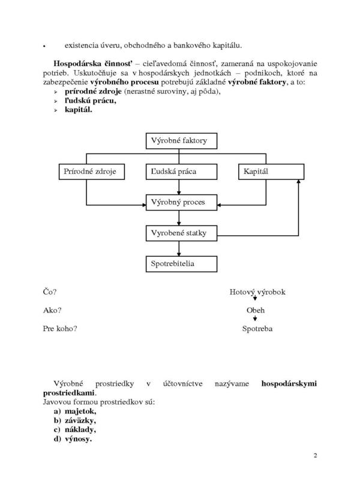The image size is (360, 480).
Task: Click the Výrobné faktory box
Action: pyautogui.click(x=181, y=141)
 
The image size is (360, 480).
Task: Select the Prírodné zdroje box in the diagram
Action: pyautogui.click(x=92, y=172)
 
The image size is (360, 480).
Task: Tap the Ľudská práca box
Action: pyautogui.click(x=181, y=172)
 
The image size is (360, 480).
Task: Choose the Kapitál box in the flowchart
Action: pyautogui.click(x=271, y=172)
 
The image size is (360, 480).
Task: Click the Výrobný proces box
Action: pyautogui.click(x=181, y=202)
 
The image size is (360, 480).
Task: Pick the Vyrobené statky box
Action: pyautogui.click(x=181, y=233)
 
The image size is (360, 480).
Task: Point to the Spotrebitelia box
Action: pyautogui.click(x=181, y=264)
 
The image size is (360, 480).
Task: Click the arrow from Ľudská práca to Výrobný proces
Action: pyautogui.click(x=179, y=187)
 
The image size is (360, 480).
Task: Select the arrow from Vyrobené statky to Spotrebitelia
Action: pyautogui.click(x=179, y=248)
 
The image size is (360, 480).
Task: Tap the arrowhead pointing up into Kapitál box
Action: pyautogui.click(x=298, y=182)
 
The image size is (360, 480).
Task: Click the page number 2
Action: pyautogui.click(x=316, y=455)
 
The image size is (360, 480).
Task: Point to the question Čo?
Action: pyautogui.click(x=50, y=292)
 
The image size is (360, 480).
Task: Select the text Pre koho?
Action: pyautogui.click(x=60, y=328)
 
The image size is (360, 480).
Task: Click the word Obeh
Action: pyautogui.click(x=256, y=310)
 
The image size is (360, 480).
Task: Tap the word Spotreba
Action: pyautogui.click(x=257, y=329)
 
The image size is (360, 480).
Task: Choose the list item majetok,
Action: pyautogui.click(x=80, y=412)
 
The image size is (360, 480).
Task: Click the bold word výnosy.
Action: pyautogui.click(x=79, y=439)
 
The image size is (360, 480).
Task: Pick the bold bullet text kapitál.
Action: pyautogui.click(x=79, y=110)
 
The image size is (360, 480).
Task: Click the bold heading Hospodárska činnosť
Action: pyautogui.click(x=93, y=64)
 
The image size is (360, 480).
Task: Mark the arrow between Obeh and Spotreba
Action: pyautogui.click(x=255, y=318)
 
